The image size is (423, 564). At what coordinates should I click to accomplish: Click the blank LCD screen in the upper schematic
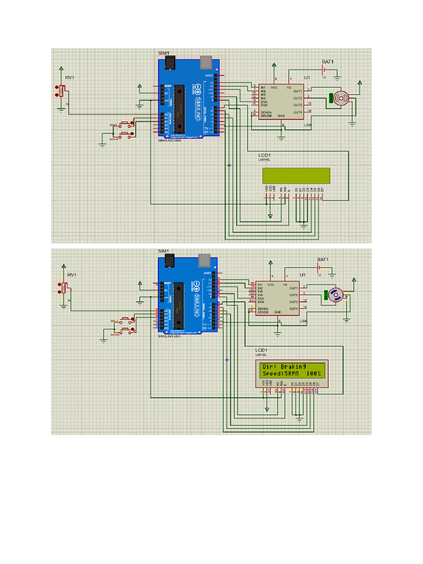(296, 175)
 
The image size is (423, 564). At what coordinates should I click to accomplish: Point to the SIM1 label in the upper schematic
(164, 53)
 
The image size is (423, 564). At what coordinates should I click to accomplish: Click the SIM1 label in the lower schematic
(164, 251)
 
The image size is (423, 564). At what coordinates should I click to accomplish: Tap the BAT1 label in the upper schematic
(328, 62)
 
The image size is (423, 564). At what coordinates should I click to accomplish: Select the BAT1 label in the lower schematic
(323, 259)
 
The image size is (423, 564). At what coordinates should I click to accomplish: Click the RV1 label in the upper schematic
(69, 78)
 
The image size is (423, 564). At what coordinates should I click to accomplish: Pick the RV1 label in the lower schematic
(72, 274)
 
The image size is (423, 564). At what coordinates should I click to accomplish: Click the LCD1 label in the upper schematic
(264, 155)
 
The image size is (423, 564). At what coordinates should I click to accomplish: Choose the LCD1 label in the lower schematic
(261, 350)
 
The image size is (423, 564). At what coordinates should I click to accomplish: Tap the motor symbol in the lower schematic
(335, 295)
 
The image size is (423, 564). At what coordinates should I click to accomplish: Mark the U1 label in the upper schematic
(307, 78)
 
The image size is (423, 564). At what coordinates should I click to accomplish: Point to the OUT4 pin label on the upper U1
(297, 112)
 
